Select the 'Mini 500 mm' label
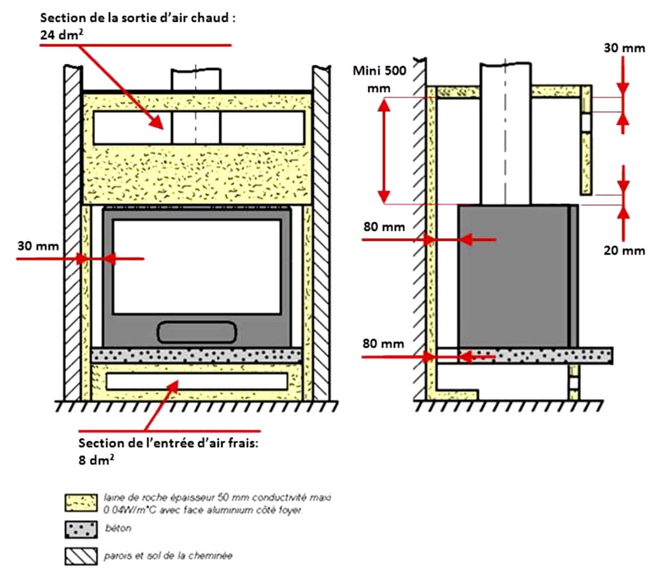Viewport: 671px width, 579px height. click(380, 79)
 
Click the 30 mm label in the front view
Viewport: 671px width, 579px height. click(37, 246)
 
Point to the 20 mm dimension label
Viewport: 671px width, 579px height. click(624, 251)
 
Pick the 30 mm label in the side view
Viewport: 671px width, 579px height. click(624, 48)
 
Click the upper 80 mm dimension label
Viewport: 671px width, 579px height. click(384, 227)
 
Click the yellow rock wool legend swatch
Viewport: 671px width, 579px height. click(81, 503)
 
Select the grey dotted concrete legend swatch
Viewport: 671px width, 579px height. click(81, 529)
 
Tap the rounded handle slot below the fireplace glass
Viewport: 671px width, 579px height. click(196, 332)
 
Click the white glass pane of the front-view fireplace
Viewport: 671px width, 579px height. click(196, 266)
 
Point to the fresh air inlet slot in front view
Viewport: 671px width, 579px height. click(196, 381)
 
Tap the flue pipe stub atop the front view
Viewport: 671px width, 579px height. click(196, 80)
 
